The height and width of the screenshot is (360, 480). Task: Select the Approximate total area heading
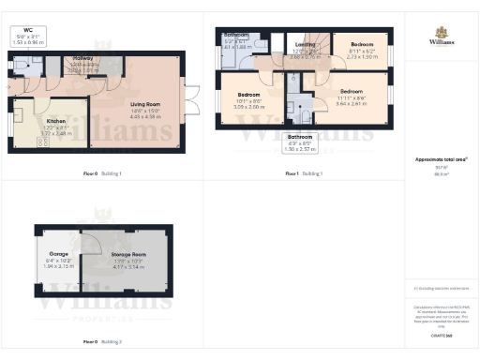click(442, 160)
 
